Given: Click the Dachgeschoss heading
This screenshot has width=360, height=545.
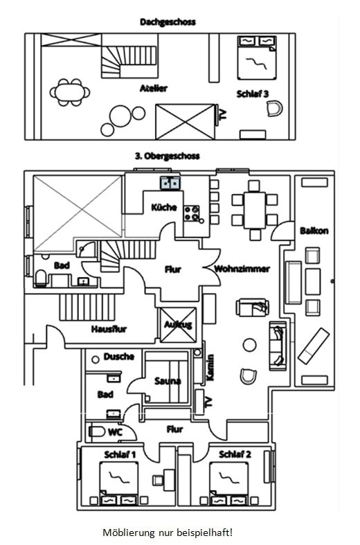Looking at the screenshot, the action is (x=168, y=22).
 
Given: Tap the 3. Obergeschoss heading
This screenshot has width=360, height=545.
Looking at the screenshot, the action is (x=168, y=156).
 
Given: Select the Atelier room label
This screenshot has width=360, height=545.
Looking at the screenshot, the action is (x=154, y=88).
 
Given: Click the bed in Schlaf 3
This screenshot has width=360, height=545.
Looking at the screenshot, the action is (x=257, y=57).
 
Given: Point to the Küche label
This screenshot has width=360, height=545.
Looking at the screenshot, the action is (x=164, y=207).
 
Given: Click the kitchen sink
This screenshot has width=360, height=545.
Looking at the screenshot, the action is (x=170, y=184).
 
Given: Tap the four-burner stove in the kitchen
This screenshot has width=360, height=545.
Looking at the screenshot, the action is (x=192, y=213).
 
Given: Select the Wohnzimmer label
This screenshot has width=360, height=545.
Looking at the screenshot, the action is (x=242, y=269).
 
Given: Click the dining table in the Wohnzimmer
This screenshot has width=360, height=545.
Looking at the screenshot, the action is (x=255, y=211).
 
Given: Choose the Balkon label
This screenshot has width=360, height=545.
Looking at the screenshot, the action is (x=314, y=231).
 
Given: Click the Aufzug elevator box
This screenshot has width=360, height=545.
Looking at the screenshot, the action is (x=178, y=325).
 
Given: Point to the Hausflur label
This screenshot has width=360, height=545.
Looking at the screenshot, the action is (x=109, y=329).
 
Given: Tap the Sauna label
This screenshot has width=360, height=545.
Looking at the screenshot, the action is (x=168, y=381).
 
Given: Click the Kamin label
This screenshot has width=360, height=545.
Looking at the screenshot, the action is (x=210, y=368).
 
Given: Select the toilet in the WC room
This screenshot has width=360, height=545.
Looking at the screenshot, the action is (x=96, y=431).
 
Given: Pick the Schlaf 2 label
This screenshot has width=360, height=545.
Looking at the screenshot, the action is (x=235, y=454).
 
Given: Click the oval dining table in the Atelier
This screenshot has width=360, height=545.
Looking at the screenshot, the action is (x=69, y=93).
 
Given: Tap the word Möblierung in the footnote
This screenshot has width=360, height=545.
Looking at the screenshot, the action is (x=129, y=533).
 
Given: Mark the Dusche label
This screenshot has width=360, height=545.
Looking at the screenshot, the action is (x=119, y=357).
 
